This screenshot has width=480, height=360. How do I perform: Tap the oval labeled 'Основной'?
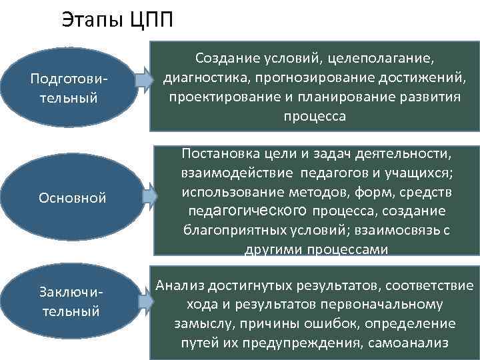point(73,199)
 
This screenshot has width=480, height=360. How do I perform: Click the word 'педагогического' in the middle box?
point(245,212)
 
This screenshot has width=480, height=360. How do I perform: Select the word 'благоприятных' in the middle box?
point(225,231)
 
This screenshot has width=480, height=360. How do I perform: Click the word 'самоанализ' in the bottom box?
point(419,343)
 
